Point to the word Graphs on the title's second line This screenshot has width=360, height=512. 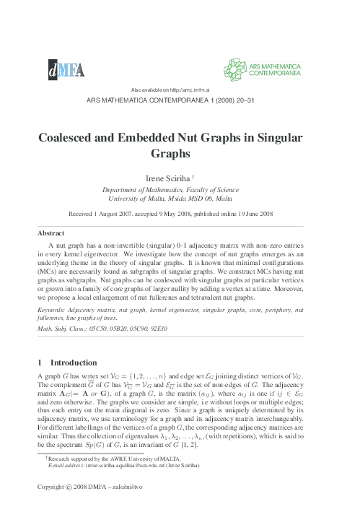tap(179, 153)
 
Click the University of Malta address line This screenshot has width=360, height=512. tap(180, 197)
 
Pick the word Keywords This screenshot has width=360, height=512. tap(54, 308)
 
